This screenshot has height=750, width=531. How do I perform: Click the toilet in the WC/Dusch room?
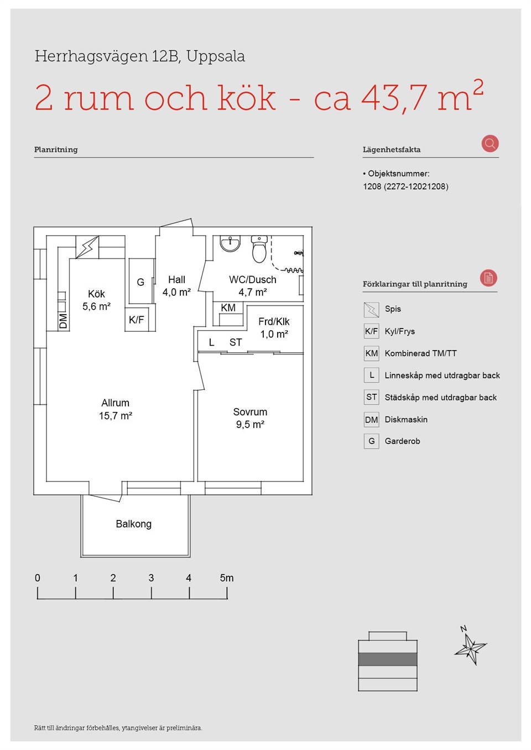(x=259, y=249)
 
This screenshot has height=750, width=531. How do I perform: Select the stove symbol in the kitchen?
(x=87, y=247)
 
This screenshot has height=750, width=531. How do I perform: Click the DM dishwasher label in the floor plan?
(x=63, y=320)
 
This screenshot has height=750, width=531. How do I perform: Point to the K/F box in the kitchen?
(x=137, y=320)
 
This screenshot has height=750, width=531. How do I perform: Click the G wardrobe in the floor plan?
(x=140, y=282)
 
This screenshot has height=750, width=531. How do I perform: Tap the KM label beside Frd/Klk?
(x=228, y=308)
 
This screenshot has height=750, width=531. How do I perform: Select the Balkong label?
(x=134, y=523)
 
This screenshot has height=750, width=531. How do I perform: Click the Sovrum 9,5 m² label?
(x=250, y=418)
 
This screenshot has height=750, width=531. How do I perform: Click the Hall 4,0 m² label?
(x=176, y=285)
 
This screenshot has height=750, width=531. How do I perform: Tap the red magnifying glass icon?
(x=490, y=143)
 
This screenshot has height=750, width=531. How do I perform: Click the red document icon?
(x=488, y=278)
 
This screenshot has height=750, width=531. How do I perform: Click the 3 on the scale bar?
(x=151, y=577)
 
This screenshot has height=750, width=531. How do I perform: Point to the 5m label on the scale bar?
(x=227, y=577)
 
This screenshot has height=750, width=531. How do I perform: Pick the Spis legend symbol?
(x=371, y=309)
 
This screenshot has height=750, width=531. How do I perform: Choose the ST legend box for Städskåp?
(x=371, y=397)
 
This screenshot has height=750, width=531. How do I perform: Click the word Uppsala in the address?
(x=216, y=57)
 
